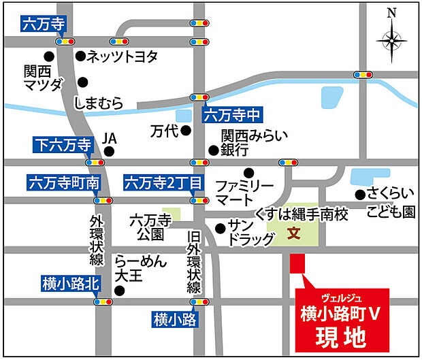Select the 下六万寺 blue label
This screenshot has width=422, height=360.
62,144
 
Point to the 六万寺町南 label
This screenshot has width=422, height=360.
64,183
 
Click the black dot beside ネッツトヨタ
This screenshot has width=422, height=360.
80,56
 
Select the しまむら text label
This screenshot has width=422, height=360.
99,103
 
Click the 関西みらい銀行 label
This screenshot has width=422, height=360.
246,143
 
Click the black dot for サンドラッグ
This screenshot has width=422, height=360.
219,229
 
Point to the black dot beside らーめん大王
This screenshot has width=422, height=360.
120,291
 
